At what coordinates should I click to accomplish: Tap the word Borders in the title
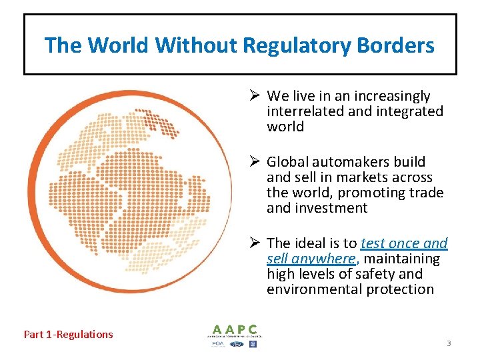coord(397,46)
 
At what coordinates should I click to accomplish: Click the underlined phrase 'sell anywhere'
coord(310,259)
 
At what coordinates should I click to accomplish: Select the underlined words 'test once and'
coord(404,243)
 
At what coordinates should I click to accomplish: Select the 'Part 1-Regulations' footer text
coord(69,335)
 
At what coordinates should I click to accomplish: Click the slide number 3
coord(449,343)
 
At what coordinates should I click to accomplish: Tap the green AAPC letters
coord(235,329)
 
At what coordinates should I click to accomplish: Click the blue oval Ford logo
coord(237,344)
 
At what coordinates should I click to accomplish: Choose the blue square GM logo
coord(253,344)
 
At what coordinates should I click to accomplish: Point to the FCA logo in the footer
coord(219,344)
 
